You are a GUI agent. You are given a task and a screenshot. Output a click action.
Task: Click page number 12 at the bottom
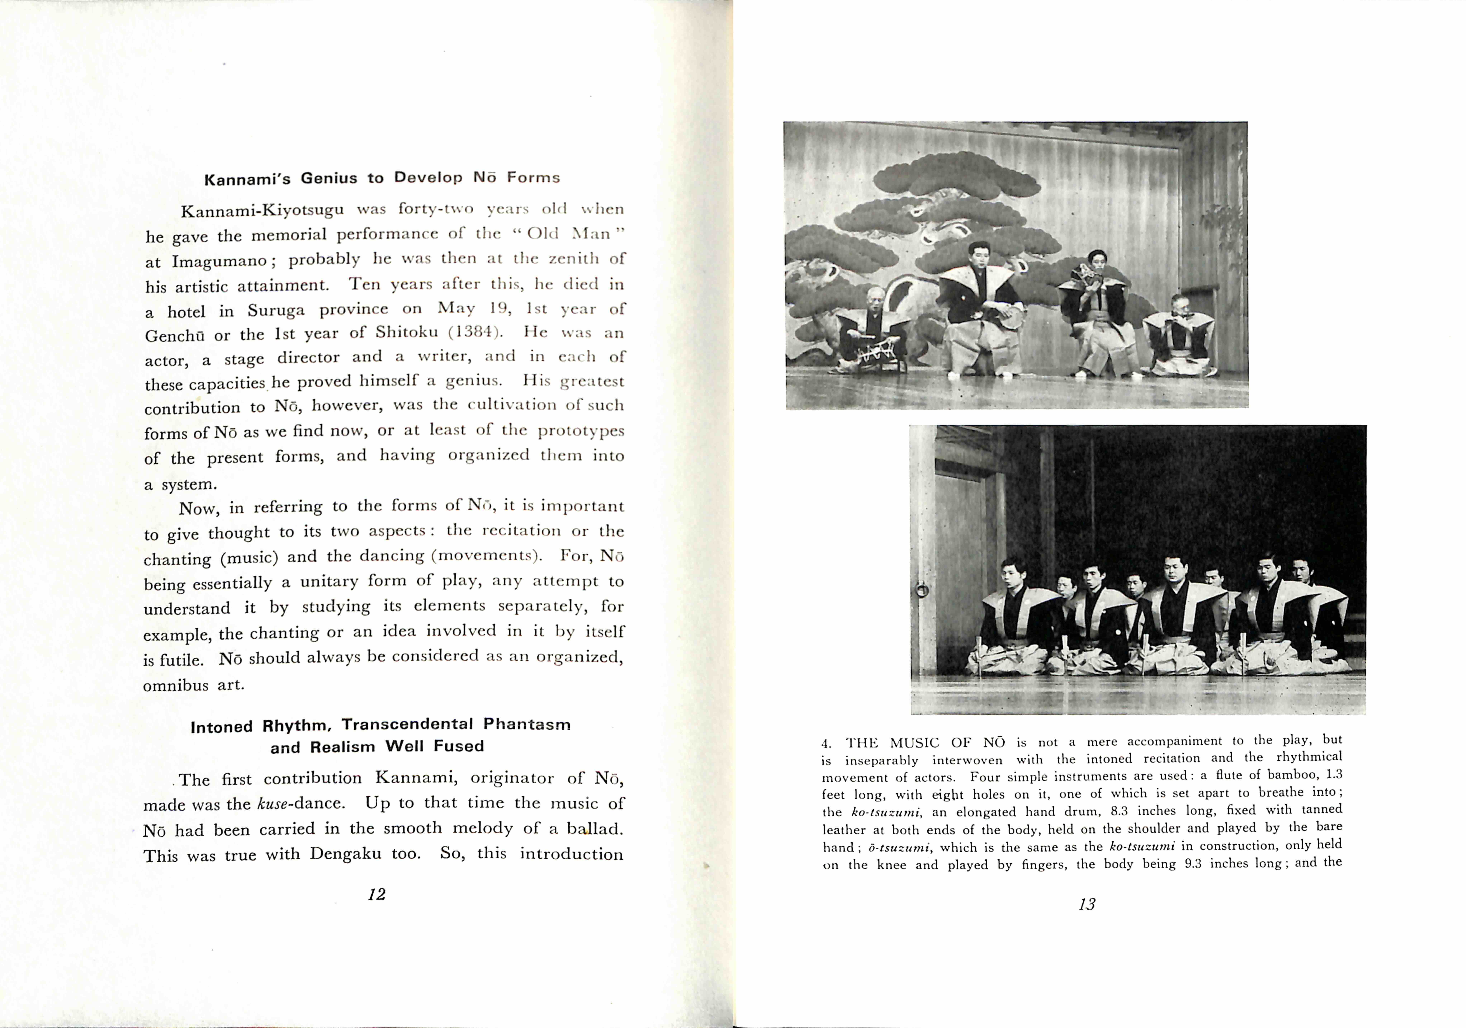(377, 895)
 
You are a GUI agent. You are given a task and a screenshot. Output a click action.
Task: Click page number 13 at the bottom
(1087, 904)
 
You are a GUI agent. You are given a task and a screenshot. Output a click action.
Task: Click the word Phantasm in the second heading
(527, 725)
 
